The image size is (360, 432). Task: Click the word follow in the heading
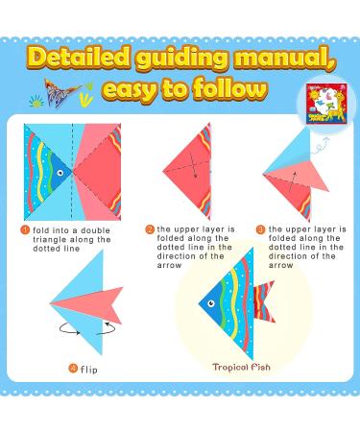pos(228,91)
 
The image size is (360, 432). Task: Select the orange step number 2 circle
pos(150,230)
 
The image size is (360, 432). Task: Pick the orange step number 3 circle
pos(261,230)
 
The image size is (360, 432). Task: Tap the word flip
pos(89,369)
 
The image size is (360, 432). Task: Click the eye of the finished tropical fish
pos(214,306)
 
